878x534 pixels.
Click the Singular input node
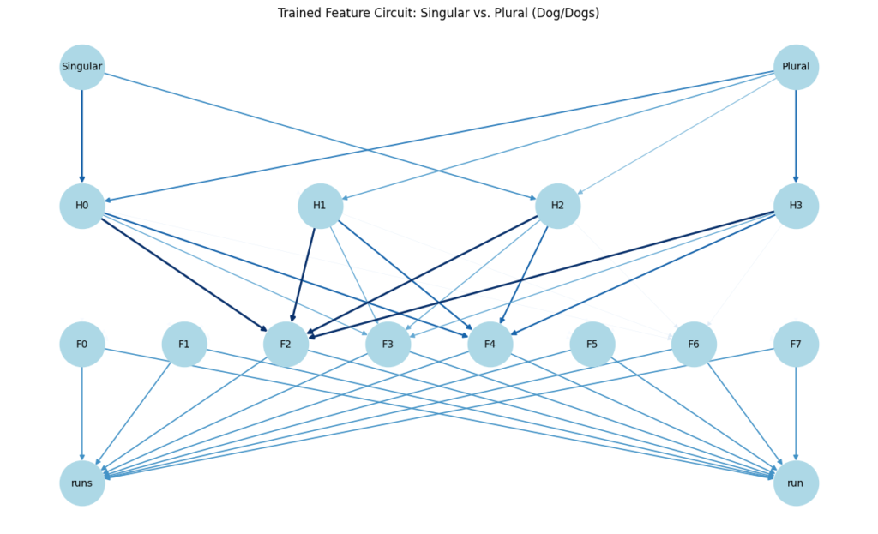(x=82, y=67)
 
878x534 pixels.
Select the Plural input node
(x=796, y=67)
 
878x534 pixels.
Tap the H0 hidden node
(x=82, y=206)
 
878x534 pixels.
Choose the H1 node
(x=320, y=206)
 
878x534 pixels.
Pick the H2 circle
(x=557, y=206)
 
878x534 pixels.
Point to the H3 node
(x=796, y=206)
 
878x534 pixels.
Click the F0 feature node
(x=82, y=345)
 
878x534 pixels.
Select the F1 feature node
(x=184, y=345)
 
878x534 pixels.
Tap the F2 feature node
(x=286, y=345)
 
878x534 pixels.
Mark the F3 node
(x=388, y=345)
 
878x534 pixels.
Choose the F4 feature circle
(x=490, y=345)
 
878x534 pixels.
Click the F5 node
(x=592, y=345)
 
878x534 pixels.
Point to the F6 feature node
(x=694, y=345)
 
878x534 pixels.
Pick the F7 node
(x=796, y=345)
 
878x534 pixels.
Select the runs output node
(x=82, y=483)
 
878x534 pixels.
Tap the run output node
(x=796, y=483)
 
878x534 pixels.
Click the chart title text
(x=438, y=13)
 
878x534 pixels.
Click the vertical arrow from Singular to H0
(x=82, y=136)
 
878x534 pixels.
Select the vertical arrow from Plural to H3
(x=796, y=136)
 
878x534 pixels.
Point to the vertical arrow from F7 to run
(x=796, y=414)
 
